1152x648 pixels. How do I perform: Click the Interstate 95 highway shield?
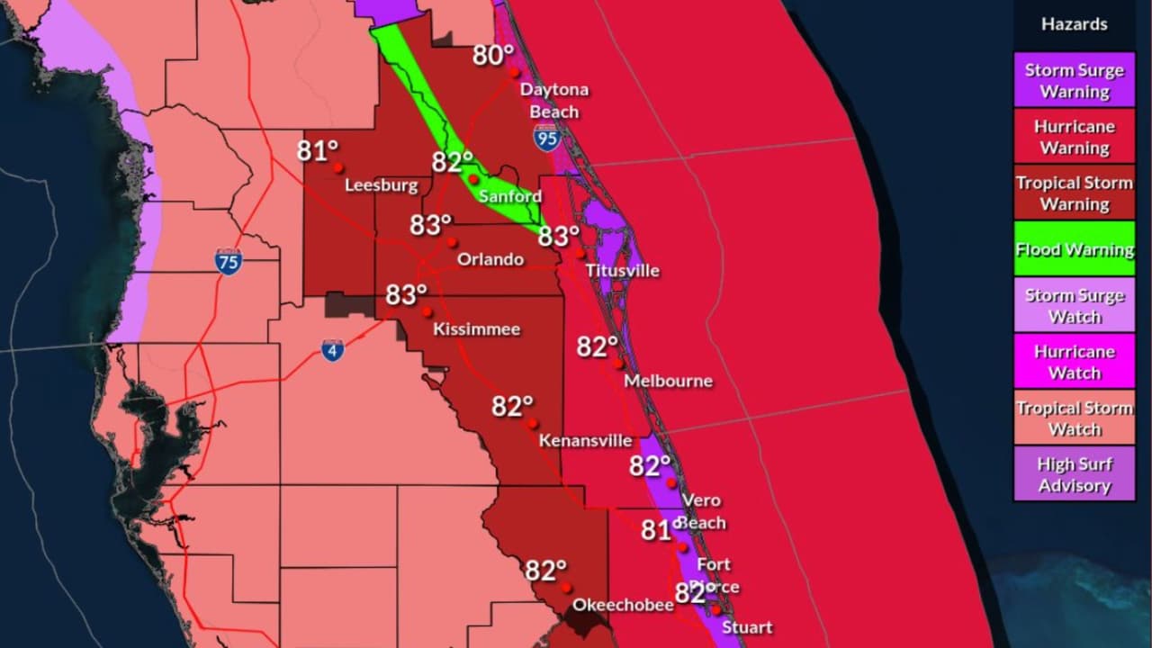[x=547, y=138]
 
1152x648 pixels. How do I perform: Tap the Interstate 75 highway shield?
[x=229, y=261]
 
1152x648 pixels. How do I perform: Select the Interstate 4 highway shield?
[x=332, y=350]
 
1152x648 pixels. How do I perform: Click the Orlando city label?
[x=490, y=260]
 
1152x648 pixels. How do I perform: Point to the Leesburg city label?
[x=382, y=186]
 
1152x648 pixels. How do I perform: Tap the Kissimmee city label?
[x=476, y=329]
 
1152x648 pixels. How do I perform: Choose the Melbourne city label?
[x=668, y=382]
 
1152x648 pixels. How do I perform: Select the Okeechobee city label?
[x=623, y=605]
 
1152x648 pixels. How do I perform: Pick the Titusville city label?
[x=622, y=271]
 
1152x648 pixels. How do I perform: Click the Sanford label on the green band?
[x=510, y=196]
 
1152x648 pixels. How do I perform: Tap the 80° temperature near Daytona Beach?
[x=493, y=56]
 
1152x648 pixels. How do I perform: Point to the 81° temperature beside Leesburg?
[x=318, y=150]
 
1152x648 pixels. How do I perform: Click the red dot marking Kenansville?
[x=534, y=423]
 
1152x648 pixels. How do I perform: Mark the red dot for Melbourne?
[x=619, y=364]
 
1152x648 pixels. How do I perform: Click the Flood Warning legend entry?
[x=1074, y=249]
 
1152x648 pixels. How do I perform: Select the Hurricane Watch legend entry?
[x=1074, y=362]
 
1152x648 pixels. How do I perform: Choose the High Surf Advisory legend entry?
[x=1074, y=474]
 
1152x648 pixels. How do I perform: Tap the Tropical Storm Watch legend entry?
[x=1074, y=418]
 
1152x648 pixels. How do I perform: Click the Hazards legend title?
[x=1074, y=25]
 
